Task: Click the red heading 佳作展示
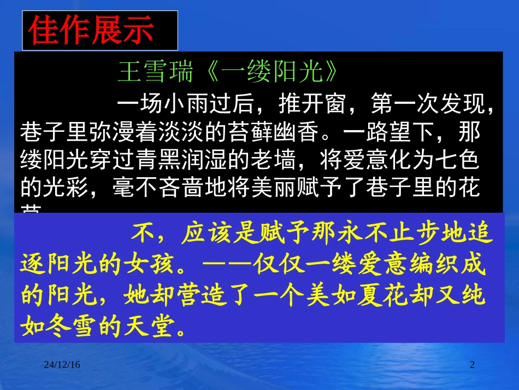91,31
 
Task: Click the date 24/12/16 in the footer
62,365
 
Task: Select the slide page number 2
473,365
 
